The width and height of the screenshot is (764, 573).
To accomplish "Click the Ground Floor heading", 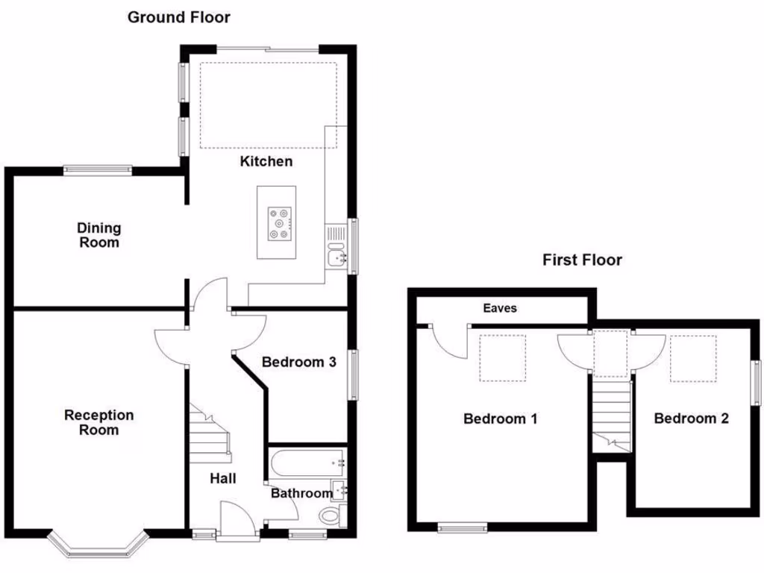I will click(178, 17).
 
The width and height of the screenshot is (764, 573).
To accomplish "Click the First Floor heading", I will click(581, 260).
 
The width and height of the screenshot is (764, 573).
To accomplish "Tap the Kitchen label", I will click(266, 162).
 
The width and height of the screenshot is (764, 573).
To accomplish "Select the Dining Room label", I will click(98, 235).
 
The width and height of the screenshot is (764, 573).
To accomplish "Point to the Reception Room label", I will click(98, 422).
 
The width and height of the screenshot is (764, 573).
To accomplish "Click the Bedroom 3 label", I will click(298, 363).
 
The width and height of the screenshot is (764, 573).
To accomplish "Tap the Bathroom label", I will click(301, 493).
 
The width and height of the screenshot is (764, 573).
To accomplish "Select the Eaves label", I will click(499, 308).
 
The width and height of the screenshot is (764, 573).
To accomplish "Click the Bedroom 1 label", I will click(500, 419).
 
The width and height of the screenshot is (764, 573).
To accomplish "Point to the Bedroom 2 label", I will click(691, 419).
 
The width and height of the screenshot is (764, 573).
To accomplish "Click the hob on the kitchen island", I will click(280, 222).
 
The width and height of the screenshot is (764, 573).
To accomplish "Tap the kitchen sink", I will click(336, 257).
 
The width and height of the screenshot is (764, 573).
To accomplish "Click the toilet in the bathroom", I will click(330, 516).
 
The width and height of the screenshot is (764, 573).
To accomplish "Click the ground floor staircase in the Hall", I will click(209, 433).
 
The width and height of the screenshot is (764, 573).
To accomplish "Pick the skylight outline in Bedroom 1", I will click(502, 358).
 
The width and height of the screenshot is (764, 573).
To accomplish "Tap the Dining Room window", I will click(98, 169).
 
